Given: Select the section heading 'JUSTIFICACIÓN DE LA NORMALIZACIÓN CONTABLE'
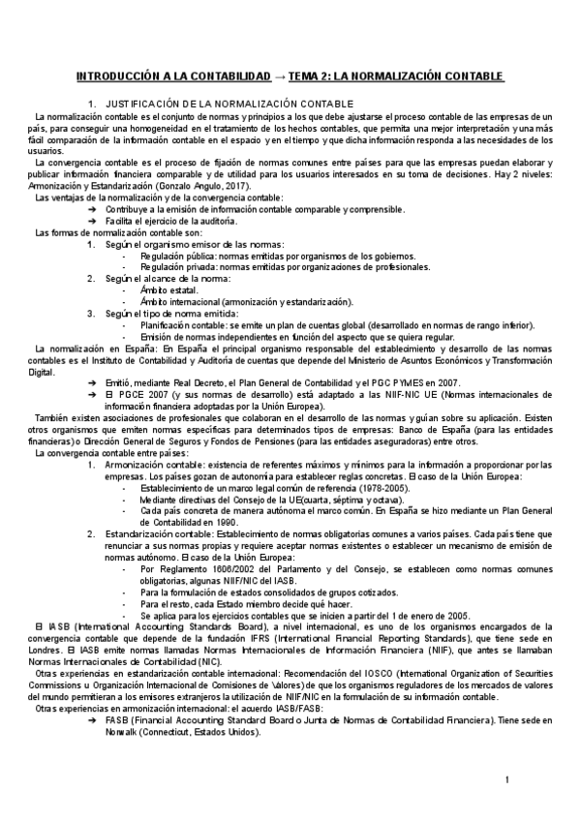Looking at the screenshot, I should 229,104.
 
